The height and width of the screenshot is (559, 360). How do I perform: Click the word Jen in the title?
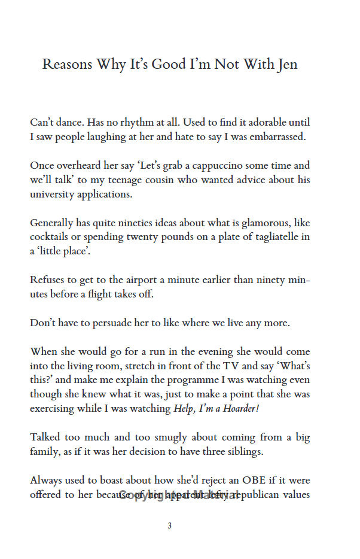point(286,65)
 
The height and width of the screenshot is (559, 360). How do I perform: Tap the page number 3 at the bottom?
point(169,526)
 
